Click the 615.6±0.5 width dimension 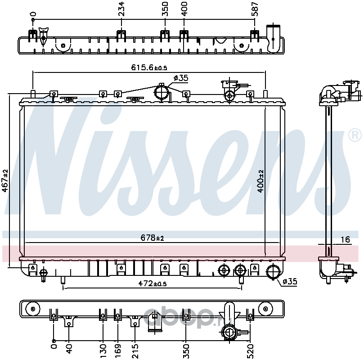(149, 67)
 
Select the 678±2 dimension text (152, 238)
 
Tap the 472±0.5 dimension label (153, 283)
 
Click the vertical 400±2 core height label (261, 181)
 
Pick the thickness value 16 (345, 239)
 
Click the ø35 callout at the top (181, 78)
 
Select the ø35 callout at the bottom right (290, 282)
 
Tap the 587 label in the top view (255, 9)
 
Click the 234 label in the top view (121, 9)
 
